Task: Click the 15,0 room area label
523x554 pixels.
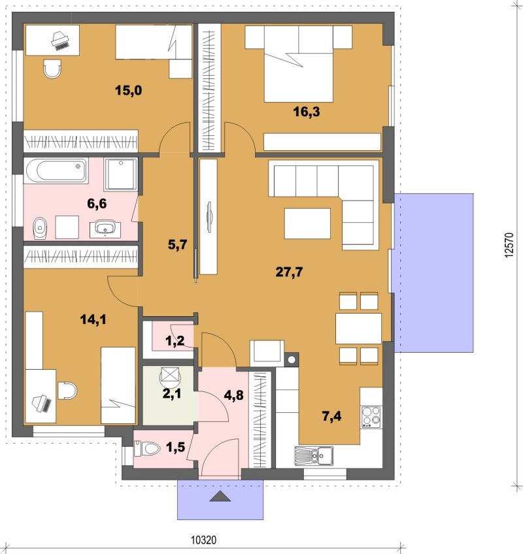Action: pyautogui.click(x=128, y=90)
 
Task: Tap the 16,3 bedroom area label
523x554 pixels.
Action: pyautogui.click(x=306, y=112)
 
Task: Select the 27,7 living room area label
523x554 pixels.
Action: pyautogui.click(x=289, y=272)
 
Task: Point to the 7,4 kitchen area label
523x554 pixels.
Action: pyautogui.click(x=331, y=416)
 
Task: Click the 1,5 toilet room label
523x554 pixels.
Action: pyautogui.click(x=175, y=448)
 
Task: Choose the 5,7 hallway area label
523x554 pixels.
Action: pyautogui.click(x=177, y=244)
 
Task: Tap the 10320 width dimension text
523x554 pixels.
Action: pyautogui.click(x=203, y=540)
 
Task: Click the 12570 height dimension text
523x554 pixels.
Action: pyautogui.click(x=509, y=245)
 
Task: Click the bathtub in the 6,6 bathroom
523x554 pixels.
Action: pyautogui.click(x=56, y=171)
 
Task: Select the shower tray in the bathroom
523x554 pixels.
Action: pyautogui.click(x=120, y=174)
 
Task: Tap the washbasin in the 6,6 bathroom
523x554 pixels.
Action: pyautogui.click(x=105, y=229)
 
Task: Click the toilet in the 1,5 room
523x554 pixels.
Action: pyautogui.click(x=147, y=449)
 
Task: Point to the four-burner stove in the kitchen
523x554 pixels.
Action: pyautogui.click(x=371, y=417)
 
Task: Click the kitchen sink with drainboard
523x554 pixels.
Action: pyautogui.click(x=314, y=456)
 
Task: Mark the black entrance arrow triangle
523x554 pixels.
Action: pyautogui.click(x=220, y=497)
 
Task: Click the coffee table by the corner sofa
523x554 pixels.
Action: pyautogui.click(x=307, y=223)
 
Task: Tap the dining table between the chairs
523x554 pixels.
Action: pyautogui.click(x=358, y=328)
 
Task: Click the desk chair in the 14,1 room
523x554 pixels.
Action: pyautogui.click(x=67, y=391)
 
